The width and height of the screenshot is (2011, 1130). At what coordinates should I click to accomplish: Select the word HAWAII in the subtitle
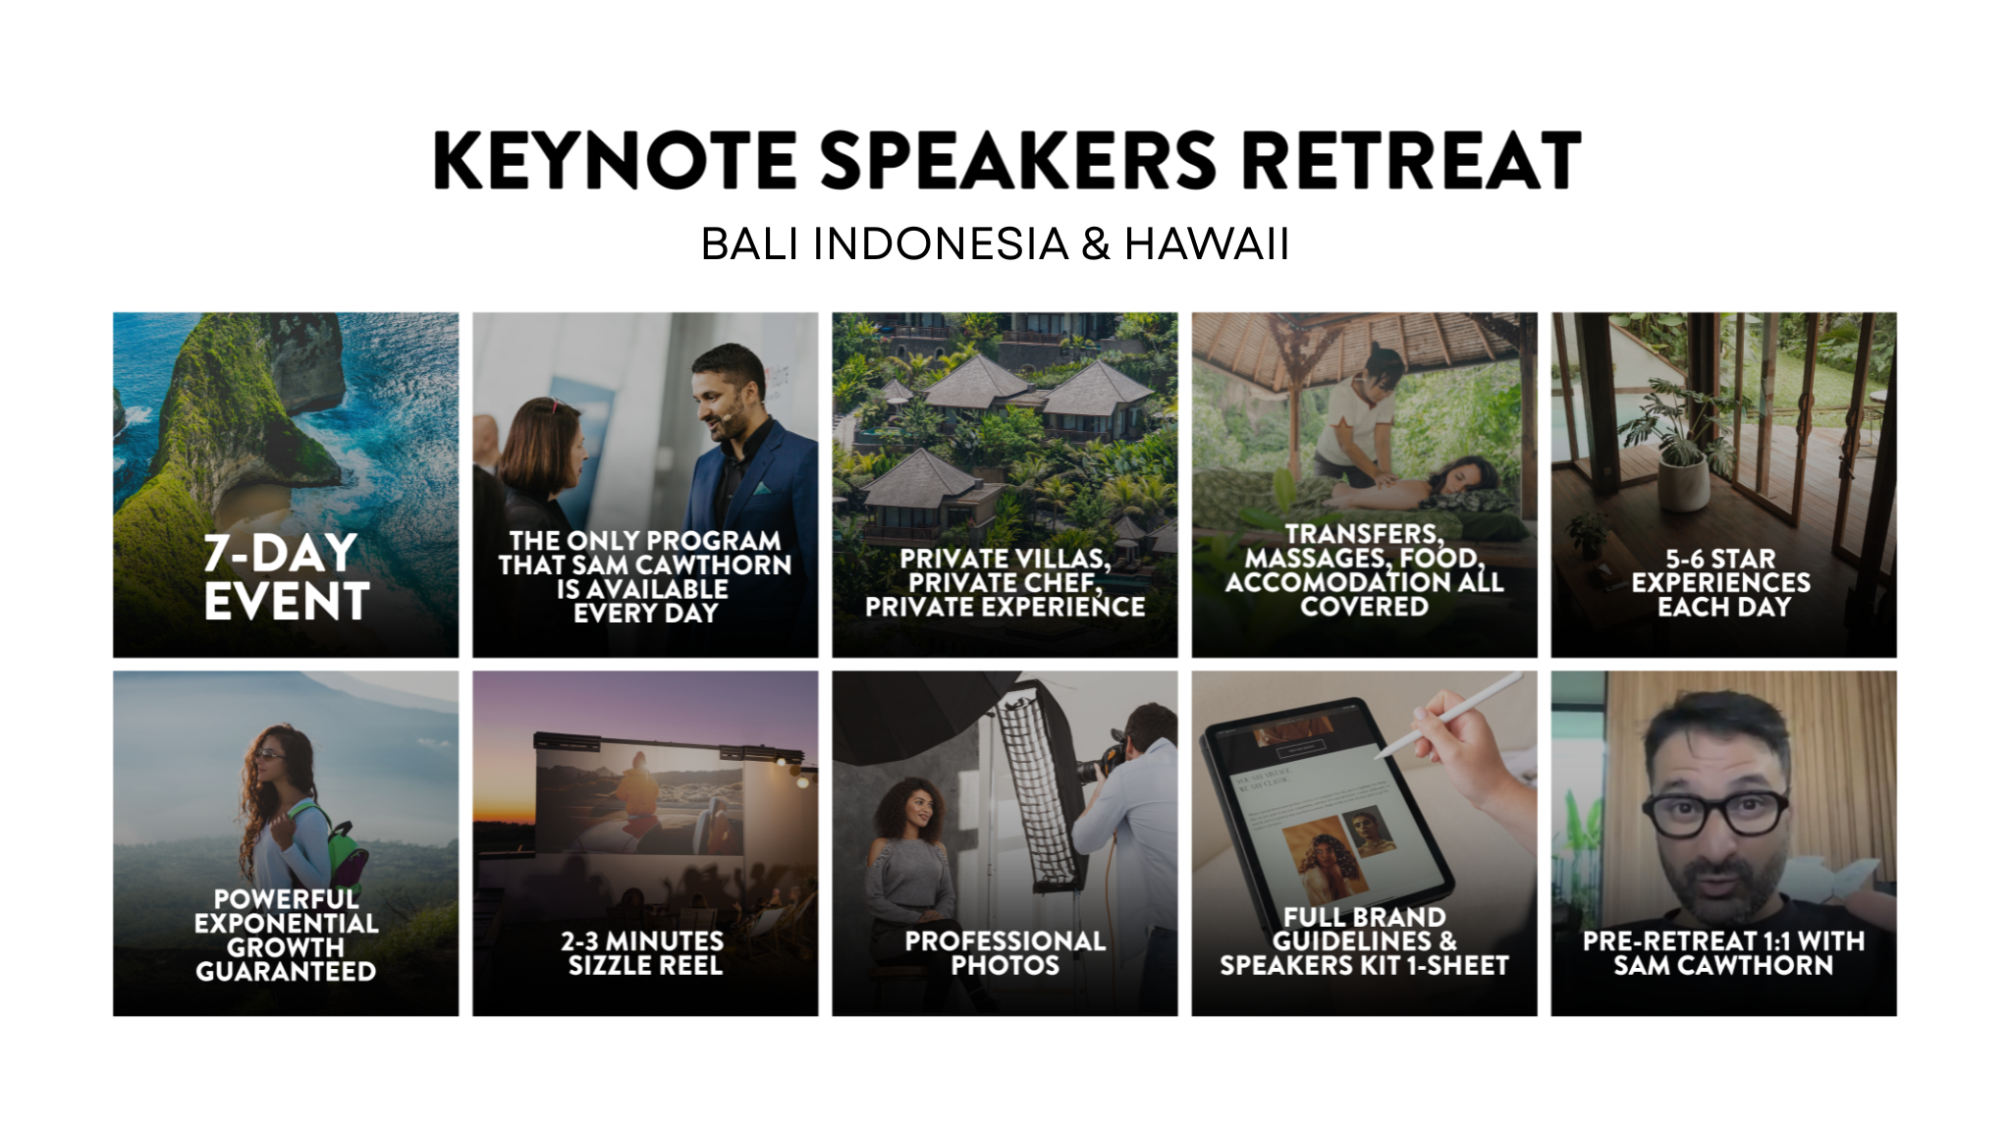point(1207,243)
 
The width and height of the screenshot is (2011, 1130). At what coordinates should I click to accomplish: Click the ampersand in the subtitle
point(1096,243)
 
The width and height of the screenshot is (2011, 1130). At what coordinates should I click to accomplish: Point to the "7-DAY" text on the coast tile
point(280,553)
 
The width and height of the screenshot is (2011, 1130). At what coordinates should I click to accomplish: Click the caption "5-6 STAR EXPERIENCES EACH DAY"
point(1722,583)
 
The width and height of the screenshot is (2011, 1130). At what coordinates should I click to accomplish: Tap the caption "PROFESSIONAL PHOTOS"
point(1005,953)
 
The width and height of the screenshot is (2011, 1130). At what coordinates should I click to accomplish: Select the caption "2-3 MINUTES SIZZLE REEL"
point(644,953)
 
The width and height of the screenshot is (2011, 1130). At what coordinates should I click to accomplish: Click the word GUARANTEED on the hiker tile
point(286,972)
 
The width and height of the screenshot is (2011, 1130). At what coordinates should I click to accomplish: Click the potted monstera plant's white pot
point(1683,480)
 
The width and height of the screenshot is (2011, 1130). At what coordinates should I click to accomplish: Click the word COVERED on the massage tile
point(1364,607)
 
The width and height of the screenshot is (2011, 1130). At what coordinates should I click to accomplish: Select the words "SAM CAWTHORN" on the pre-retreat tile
point(1723,966)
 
